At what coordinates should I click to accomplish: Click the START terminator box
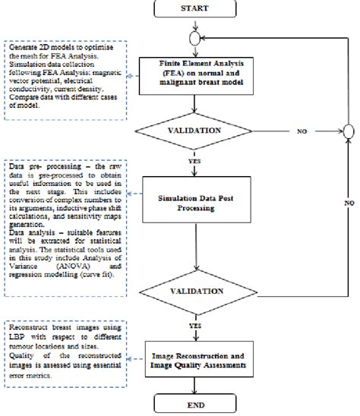coord(197,8)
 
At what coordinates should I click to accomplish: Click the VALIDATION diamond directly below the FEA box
coord(197,131)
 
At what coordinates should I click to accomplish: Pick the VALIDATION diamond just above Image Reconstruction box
coord(197,290)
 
